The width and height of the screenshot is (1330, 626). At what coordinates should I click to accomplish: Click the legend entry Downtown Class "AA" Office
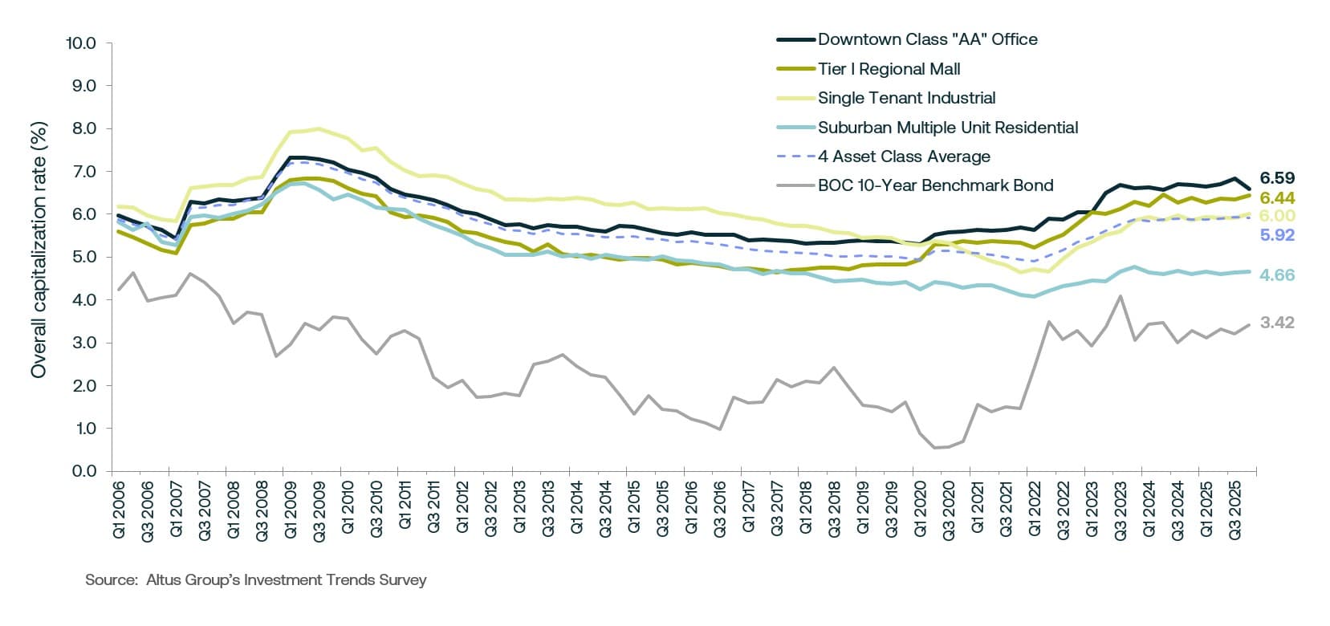click(927, 39)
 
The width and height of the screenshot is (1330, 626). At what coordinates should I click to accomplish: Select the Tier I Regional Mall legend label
click(889, 69)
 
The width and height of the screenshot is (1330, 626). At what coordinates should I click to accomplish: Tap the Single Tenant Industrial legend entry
click(906, 98)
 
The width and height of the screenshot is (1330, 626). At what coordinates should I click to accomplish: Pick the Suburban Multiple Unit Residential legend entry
click(947, 128)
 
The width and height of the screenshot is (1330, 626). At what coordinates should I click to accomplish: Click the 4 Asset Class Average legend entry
click(904, 156)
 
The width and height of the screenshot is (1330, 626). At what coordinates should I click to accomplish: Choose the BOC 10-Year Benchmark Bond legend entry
click(935, 185)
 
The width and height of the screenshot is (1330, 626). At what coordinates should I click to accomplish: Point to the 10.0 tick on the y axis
click(81, 43)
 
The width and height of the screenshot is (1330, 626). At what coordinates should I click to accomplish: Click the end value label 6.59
click(1277, 178)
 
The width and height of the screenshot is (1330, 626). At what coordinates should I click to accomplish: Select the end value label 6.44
click(1277, 197)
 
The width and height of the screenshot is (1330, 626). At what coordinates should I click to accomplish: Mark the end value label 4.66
click(1277, 275)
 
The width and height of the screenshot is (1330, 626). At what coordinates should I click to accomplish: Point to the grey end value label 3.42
click(1277, 323)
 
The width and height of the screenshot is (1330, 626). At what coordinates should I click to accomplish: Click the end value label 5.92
click(1277, 235)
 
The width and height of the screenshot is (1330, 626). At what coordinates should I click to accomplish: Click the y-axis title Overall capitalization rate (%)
click(39, 250)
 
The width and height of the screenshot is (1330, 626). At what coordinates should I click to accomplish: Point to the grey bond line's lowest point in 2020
click(936, 448)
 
